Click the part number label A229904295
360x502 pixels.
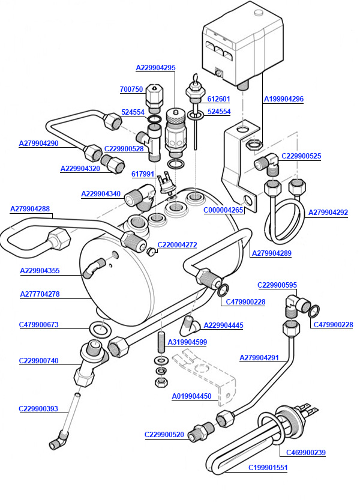coord(155,68)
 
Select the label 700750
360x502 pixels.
coord(131,89)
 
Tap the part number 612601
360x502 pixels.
coord(218,99)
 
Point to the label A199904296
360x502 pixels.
coord(284,99)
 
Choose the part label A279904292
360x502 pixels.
coord(328,213)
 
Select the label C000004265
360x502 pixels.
coord(224,210)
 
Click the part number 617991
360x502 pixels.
coord(143,174)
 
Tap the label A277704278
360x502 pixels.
coord(40,295)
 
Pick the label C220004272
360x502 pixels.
coord(177,245)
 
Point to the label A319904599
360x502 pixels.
coord(187,342)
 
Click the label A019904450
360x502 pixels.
coord(191,396)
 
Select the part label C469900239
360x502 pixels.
coord(305,453)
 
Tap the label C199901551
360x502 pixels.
coord(268,467)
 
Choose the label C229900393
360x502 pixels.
coord(38,409)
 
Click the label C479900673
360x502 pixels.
coord(39,325)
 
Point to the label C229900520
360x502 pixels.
coord(164,434)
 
